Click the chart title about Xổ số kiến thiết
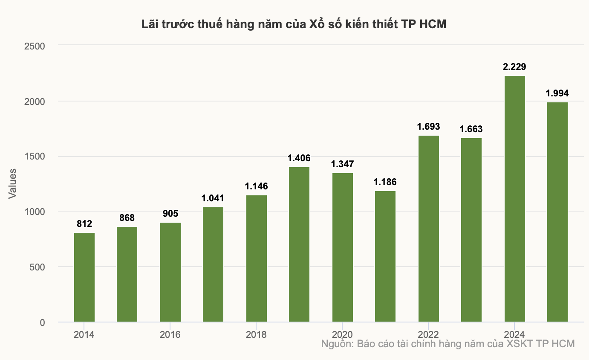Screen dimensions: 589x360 [294, 24]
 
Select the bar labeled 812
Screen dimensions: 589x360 [84, 277]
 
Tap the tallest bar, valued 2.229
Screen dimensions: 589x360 [514, 199]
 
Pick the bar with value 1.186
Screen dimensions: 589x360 [385, 257]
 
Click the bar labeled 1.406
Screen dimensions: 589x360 [299, 244]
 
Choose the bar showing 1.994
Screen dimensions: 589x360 [557, 212]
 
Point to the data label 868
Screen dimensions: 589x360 [127, 218]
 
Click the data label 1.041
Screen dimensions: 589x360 [213, 198]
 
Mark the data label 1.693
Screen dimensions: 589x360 [429, 127]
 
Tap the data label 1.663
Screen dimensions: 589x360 [471, 129]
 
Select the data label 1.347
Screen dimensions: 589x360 [342, 164]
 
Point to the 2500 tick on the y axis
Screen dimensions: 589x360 [35, 46]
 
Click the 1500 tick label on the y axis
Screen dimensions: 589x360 [35, 156]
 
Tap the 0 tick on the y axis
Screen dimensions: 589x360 [42, 322]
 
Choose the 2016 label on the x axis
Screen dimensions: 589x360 [170, 335]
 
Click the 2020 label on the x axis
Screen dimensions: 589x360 [342, 335]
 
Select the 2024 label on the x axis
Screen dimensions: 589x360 [514, 335]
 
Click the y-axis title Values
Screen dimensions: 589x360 [12, 184]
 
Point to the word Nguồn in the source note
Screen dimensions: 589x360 [338, 344]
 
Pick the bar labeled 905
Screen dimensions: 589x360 [170, 273]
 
